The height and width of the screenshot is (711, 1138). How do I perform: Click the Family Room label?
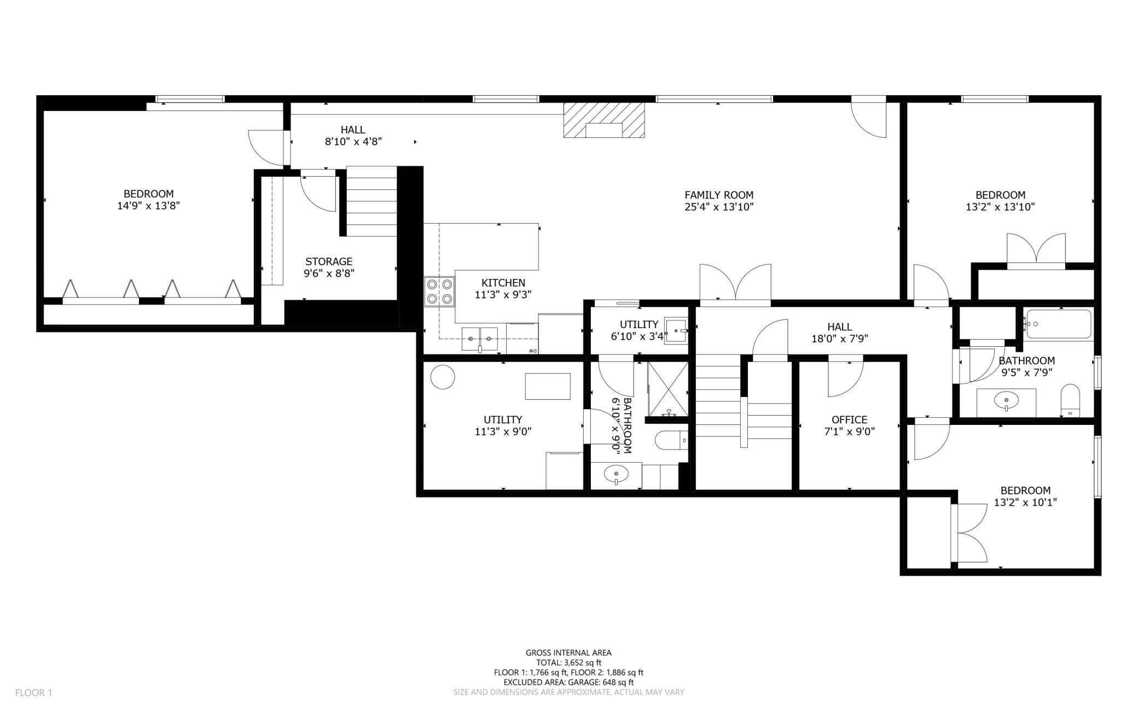[719, 195]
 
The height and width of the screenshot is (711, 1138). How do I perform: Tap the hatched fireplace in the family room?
[604, 120]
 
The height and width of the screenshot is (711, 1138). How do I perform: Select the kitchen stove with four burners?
[440, 292]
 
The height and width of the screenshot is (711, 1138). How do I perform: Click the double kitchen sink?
[480, 340]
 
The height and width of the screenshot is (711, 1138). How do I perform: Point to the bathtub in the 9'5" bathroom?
[1058, 324]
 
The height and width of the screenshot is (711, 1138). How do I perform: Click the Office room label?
[849, 419]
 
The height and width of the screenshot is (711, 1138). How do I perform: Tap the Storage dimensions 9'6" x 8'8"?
[329, 273]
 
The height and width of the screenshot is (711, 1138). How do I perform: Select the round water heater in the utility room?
[443, 377]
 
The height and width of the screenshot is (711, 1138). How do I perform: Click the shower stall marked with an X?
[668, 389]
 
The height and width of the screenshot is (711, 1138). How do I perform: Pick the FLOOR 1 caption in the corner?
[33, 693]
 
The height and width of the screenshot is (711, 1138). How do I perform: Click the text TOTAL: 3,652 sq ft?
[568, 662]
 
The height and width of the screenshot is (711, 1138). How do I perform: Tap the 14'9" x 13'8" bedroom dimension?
[149, 206]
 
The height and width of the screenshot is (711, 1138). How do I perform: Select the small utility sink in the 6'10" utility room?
[676, 330]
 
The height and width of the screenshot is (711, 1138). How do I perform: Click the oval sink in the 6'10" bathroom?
[616, 474]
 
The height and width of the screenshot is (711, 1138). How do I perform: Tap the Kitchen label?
[503, 283]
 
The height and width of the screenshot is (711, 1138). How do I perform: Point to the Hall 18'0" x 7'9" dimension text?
[840, 339]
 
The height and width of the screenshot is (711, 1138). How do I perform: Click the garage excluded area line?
[568, 683]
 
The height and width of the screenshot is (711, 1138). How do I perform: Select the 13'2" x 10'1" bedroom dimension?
[1025, 502]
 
